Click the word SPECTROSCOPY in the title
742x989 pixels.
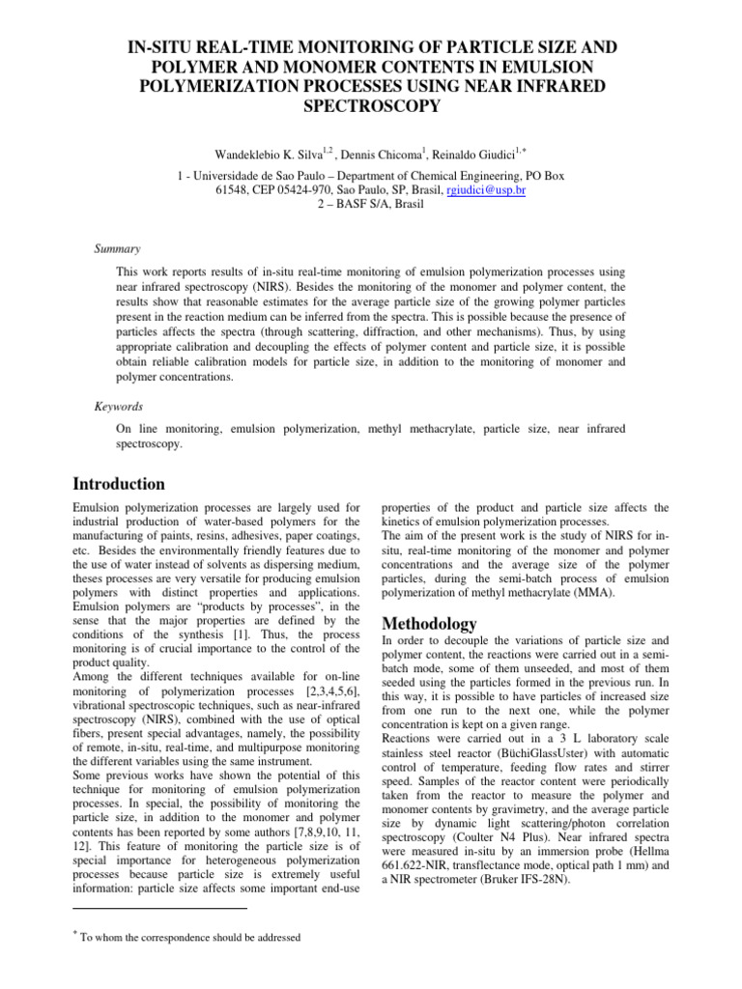(x=371, y=106)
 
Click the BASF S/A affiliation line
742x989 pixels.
(x=371, y=206)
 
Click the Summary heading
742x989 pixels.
(x=117, y=248)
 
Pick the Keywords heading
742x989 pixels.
(x=120, y=408)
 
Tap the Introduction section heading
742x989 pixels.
(x=119, y=484)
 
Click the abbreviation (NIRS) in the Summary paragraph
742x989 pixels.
(x=274, y=288)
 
